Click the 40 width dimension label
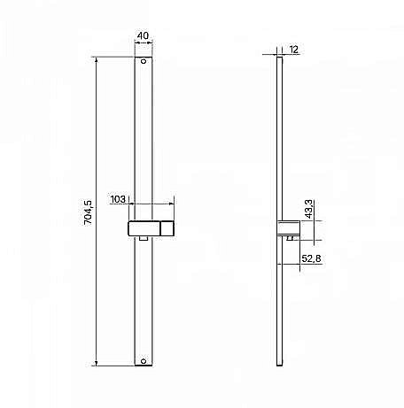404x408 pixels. [x=143, y=38]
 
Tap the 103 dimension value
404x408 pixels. [x=118, y=201]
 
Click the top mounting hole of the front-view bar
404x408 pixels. [x=144, y=64]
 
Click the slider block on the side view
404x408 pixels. [x=288, y=229]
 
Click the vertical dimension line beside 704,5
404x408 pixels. [x=96, y=212]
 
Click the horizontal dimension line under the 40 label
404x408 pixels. [x=144, y=45]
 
